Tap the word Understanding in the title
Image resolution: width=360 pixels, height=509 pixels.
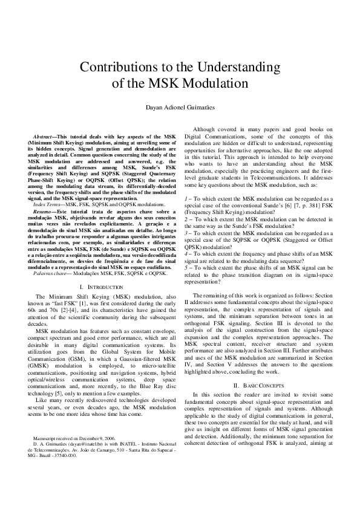click(x=241, y=66)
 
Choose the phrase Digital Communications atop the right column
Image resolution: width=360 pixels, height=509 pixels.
click(x=217, y=137)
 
